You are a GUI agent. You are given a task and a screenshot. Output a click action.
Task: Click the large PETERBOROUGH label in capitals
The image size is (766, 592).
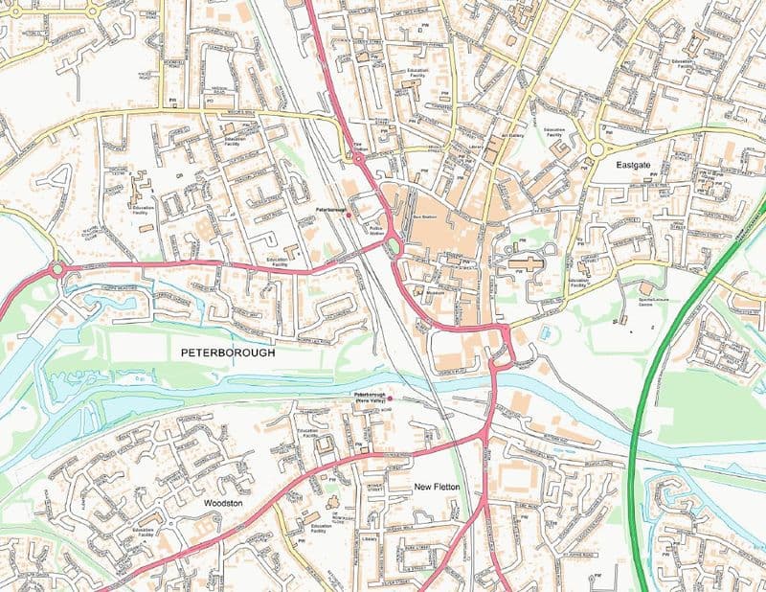coord(228,353)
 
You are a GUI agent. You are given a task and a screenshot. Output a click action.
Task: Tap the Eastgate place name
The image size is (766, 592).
coord(633,166)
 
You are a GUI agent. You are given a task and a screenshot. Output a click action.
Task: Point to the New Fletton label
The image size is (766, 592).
coord(438,488)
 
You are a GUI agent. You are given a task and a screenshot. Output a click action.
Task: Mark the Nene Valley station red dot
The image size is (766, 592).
coord(390,397)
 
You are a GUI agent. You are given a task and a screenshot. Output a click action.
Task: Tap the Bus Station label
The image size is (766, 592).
coord(423,218)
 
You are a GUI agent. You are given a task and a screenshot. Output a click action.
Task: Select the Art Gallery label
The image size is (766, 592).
coord(511,136)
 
